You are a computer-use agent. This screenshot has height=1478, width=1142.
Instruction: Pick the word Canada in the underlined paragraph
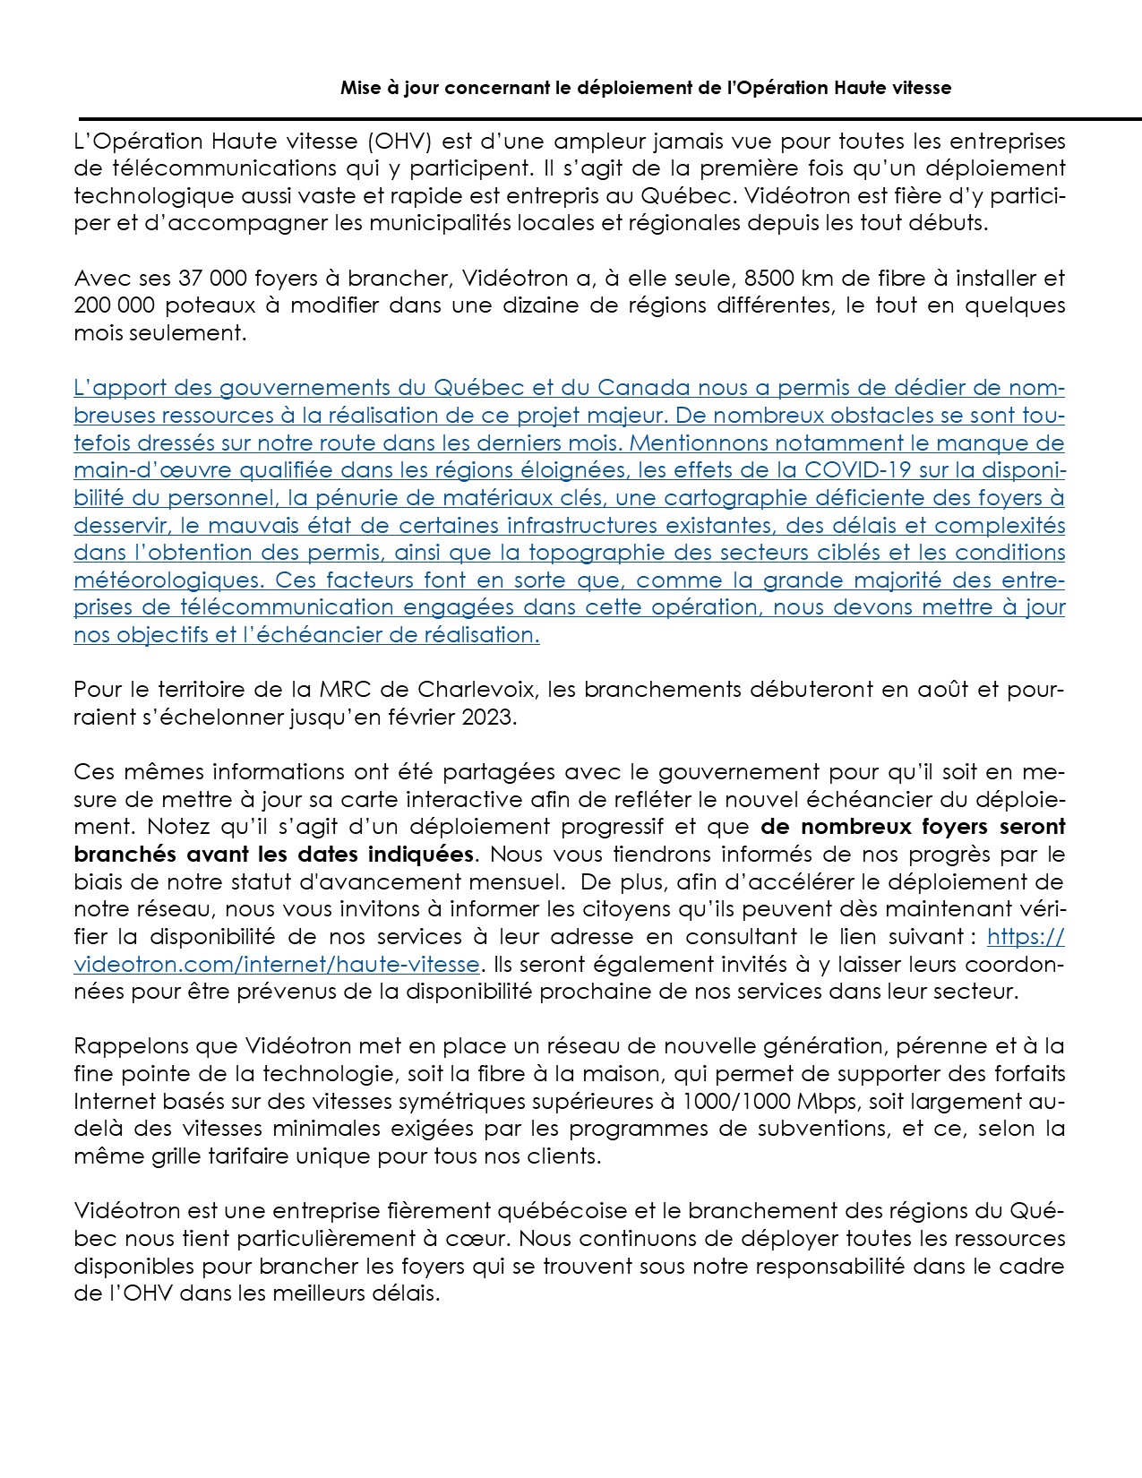[x=644, y=388]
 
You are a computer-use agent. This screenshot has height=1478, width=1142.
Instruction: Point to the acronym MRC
[x=342, y=690]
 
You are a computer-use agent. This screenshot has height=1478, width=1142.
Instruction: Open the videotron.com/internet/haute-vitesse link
[x=277, y=964]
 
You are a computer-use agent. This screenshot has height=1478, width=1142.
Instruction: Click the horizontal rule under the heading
[x=609, y=118]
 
